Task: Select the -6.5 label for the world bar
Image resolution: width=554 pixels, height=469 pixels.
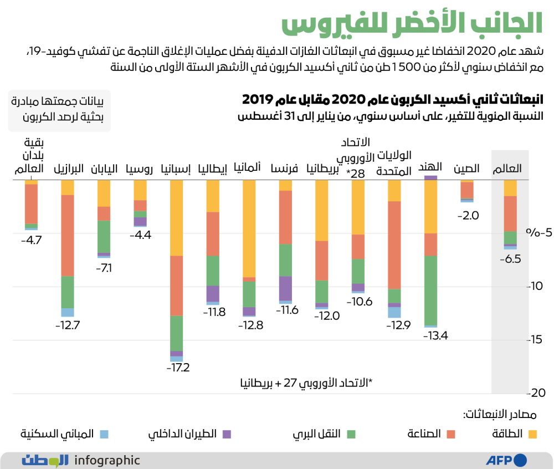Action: click(x=509, y=258)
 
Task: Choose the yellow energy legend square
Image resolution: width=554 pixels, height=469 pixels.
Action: click(x=534, y=434)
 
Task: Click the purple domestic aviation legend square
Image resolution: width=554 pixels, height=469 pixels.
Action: click(x=227, y=434)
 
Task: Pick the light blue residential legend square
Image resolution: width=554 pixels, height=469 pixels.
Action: click(x=104, y=434)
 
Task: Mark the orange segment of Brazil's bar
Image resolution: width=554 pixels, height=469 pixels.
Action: click(x=68, y=236)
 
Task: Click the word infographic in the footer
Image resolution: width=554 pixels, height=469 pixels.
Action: click(x=107, y=460)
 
